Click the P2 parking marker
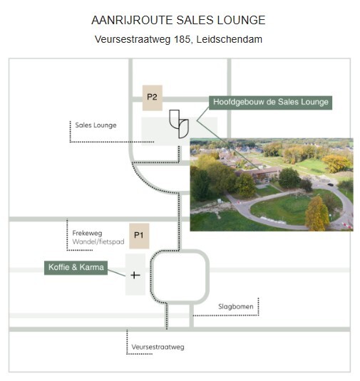[x=153, y=98]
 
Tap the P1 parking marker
[x=139, y=236]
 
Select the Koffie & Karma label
[x=76, y=268]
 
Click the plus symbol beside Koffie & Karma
[x=135, y=276]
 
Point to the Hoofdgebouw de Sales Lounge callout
[x=270, y=103]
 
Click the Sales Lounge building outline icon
[x=179, y=124]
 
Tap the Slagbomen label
[x=236, y=307]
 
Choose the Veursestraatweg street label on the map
[x=158, y=347]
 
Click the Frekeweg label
[x=87, y=234]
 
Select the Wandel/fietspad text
[x=98, y=241]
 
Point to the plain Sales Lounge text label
[x=96, y=125]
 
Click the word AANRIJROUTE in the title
[x=132, y=20]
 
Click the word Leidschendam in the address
[x=229, y=39]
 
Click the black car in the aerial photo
[x=330, y=184]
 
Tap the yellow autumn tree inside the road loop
[x=317, y=214]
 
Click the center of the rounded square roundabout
[x=180, y=277]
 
